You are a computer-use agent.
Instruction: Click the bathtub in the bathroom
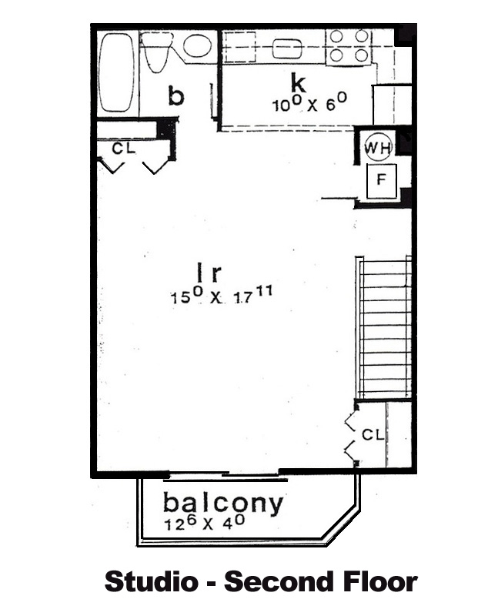(x=116, y=73)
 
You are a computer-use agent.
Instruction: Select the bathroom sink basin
(x=198, y=45)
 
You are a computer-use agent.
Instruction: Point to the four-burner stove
(x=349, y=46)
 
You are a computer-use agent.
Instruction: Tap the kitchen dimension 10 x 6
(x=309, y=102)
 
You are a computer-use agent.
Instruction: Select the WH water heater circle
(x=378, y=147)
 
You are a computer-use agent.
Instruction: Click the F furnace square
(x=381, y=181)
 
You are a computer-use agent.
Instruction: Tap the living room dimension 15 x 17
(x=221, y=295)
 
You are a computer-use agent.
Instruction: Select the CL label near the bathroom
(x=123, y=149)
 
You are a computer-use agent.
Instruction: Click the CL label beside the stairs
(x=373, y=434)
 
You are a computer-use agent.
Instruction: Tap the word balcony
(x=222, y=504)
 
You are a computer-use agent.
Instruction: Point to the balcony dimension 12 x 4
(x=204, y=523)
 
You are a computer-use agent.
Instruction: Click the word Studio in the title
(x=151, y=581)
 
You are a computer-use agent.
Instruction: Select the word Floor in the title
(x=380, y=581)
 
